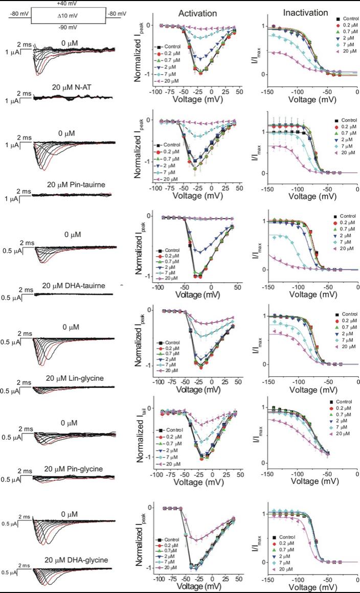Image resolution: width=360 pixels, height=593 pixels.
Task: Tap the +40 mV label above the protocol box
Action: [x=68, y=4]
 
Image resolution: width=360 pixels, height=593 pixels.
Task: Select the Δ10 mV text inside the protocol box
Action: [x=69, y=16]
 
